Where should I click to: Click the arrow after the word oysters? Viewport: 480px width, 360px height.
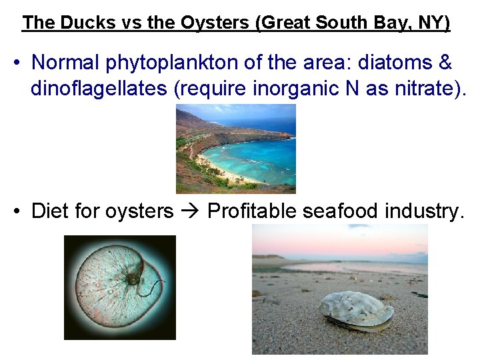coord(191,211)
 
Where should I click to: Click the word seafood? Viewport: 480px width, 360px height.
coord(340,211)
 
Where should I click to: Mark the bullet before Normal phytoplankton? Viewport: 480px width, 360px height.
coord(18,63)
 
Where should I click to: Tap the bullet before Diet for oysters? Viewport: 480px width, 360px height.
coord(18,212)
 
